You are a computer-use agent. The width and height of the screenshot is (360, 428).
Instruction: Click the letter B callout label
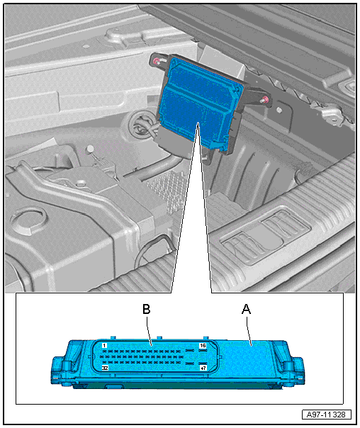pos(147,309)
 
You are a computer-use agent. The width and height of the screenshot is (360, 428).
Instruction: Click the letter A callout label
pos(246,309)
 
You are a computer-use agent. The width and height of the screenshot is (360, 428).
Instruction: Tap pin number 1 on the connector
pos(104,346)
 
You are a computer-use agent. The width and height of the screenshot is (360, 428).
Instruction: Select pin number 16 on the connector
pos(203,346)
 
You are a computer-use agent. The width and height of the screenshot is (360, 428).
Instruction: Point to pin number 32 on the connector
pos(105,368)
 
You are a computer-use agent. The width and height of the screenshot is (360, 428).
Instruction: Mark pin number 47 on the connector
pos(203,368)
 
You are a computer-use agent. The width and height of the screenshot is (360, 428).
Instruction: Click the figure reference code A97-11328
pos(326,415)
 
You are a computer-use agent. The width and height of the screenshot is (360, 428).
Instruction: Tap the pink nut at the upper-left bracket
pos(157,62)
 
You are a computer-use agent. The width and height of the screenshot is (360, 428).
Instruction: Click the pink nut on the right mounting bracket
pos(264,99)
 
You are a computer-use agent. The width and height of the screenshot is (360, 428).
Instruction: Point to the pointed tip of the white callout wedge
pos(198,123)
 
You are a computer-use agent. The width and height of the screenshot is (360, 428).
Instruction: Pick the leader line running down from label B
pos(149,330)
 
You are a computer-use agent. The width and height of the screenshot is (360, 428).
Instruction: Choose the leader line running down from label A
pos(249,330)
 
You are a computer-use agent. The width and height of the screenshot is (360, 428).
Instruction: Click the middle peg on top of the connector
pos(160,339)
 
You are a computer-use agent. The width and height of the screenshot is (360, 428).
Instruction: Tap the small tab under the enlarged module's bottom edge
pos(113,386)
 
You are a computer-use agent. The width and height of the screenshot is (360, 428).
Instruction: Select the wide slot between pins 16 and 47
pos(189,356)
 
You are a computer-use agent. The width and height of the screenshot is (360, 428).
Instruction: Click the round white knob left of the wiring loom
pos(90,149)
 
